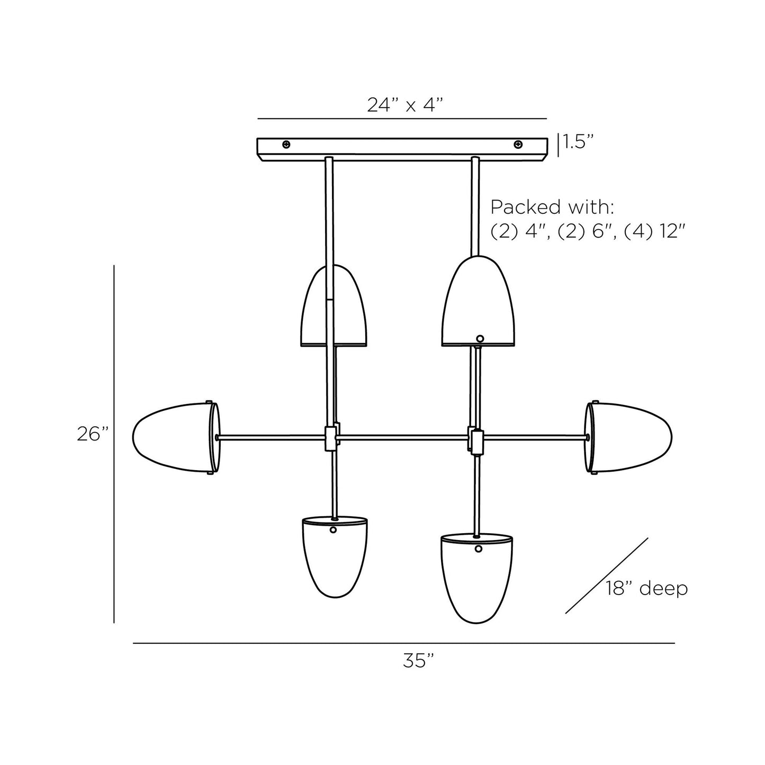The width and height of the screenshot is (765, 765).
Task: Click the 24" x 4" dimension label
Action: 404,105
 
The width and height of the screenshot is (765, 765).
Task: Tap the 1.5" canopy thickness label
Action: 579,142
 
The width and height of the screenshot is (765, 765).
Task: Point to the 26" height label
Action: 93,434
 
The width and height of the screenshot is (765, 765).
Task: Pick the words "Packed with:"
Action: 552,207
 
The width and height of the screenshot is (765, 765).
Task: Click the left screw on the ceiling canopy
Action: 286,145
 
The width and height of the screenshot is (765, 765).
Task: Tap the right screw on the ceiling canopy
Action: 518,145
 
